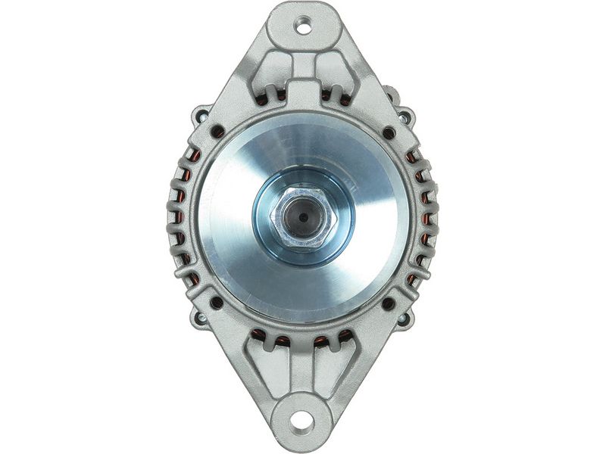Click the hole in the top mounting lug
point(303,24)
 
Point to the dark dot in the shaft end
point(303,217)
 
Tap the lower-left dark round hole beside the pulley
point(217,302)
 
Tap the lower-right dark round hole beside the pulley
point(388,303)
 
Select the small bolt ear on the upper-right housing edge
point(405,116)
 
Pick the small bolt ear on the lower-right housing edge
point(405,319)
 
